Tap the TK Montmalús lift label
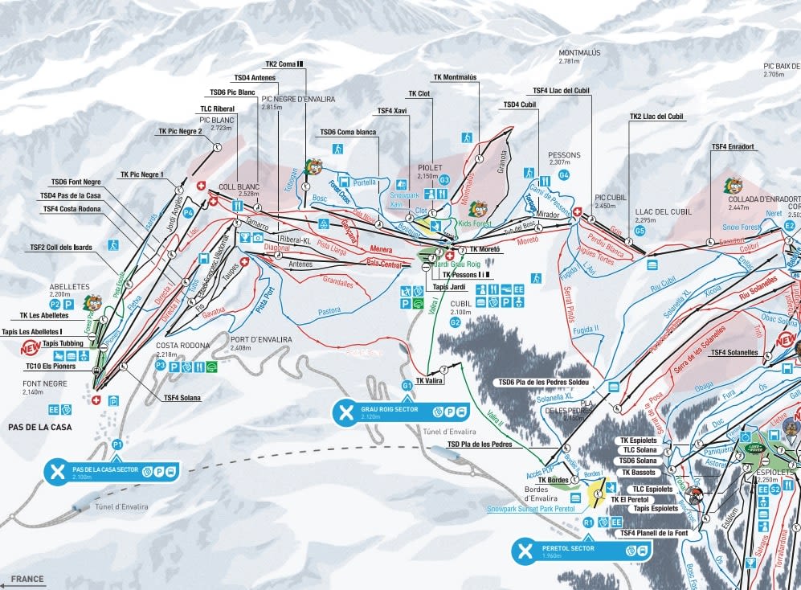[x=455, y=78]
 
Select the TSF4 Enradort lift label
[x=732, y=146]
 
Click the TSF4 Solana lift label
[x=182, y=397]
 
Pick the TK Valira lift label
[x=430, y=381]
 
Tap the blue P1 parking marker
[x=117, y=445]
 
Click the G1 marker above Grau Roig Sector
[x=407, y=386]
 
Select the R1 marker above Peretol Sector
[x=588, y=522]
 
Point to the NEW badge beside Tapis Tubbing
[x=30, y=349]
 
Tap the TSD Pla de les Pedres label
[x=480, y=444]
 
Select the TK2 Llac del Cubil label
[x=656, y=117]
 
